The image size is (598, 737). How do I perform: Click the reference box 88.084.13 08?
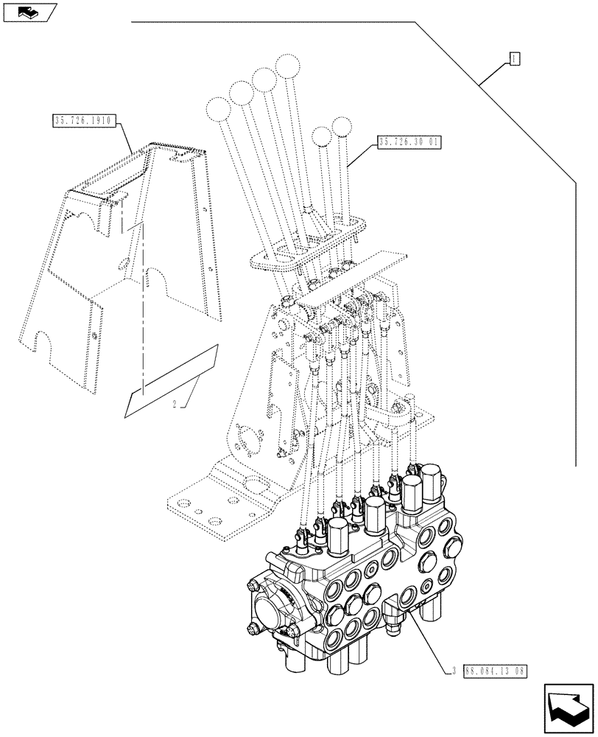(x=496, y=671)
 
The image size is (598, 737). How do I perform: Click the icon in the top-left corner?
(x=29, y=12)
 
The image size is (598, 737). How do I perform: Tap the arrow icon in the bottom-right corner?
(x=569, y=707)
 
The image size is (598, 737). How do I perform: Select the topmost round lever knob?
(x=286, y=65)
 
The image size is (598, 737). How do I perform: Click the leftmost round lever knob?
(x=218, y=111)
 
